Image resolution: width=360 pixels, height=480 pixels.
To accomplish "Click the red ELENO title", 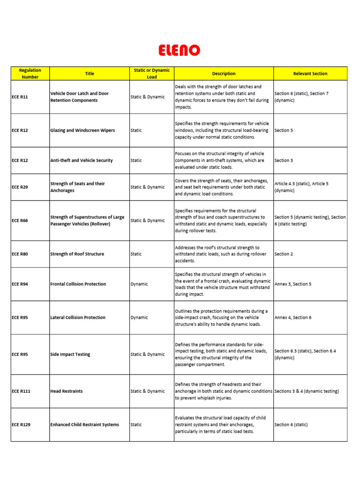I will coord(180,50).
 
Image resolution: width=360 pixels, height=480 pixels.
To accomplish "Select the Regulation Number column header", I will coord(30,74).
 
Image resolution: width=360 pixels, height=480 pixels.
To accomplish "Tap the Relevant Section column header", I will coord(310,74).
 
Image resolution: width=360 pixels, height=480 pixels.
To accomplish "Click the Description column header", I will coord(224,74).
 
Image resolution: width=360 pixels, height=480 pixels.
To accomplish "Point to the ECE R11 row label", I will coord(20,97).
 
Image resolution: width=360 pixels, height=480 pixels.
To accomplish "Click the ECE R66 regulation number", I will coord(20,220).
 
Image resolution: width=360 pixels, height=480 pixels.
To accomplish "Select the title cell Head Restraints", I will coord(67,391).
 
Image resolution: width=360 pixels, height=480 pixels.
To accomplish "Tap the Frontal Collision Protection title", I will coord(78,284).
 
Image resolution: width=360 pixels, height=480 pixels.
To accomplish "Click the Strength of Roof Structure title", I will coord(77,254).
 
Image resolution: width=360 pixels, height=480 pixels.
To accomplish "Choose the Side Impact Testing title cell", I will coord(70,354).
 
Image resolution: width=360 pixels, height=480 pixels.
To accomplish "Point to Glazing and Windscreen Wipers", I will coord(82,130).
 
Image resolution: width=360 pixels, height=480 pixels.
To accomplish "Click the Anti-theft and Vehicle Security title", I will coord(81,160).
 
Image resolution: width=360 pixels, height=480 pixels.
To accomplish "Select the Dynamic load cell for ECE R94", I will coord(139,284).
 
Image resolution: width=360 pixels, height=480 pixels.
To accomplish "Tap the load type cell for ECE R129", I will coord(136,425).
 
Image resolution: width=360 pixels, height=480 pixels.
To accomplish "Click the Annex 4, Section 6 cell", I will coord(292,317).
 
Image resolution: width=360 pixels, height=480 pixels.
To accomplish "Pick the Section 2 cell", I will coord(283,254).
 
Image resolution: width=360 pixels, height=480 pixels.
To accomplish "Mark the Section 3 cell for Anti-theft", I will coord(283,160).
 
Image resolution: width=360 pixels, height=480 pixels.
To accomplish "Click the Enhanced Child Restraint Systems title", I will coord(84,425).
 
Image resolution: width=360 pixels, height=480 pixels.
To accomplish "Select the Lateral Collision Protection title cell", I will coord(78,317).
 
